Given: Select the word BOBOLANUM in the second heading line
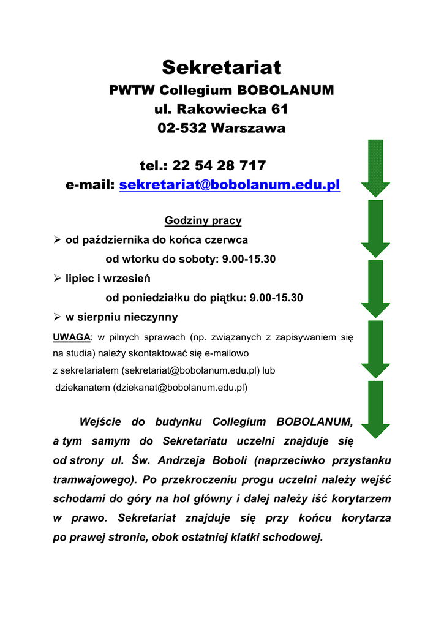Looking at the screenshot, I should coord(285,91).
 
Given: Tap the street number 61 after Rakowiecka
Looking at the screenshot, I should coord(276,110).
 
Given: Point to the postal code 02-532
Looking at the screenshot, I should coord(182,129).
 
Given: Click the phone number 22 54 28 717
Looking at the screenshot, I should coord(219,165).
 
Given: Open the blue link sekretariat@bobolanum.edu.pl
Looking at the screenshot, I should coord(229,185).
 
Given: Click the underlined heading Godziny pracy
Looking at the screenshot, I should coord(203,220).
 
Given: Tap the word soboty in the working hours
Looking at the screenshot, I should coord(198,259).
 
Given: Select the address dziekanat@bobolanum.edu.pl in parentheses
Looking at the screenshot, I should coord(181,388).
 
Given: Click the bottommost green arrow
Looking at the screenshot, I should coord(375,408).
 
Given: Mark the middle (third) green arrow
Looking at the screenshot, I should coord(375,287).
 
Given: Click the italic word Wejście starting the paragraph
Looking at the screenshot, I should coord(100,422).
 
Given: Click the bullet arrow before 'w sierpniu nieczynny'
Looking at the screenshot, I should coord(57,317).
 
